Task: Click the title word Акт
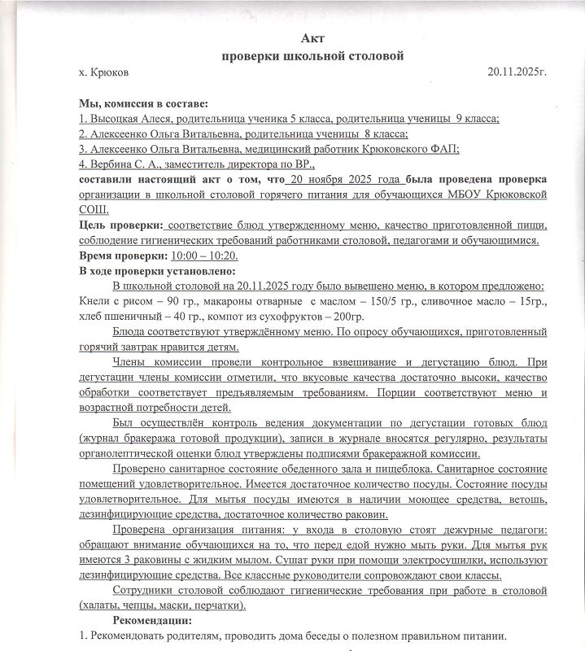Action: coord(313,38)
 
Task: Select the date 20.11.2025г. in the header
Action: coord(516,72)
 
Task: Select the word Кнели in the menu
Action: coord(94,302)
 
